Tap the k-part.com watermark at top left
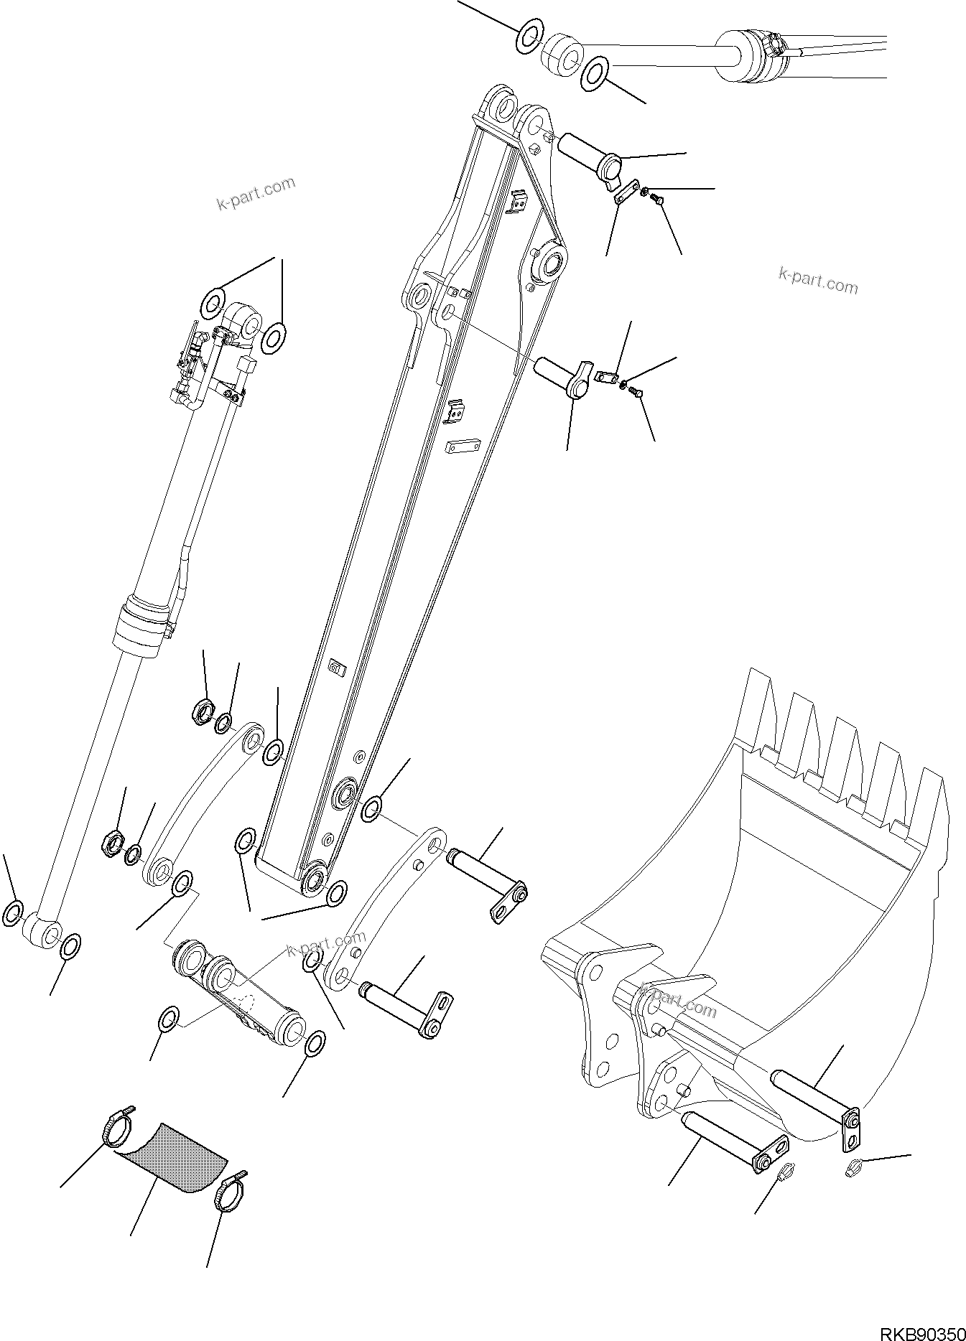tap(256, 192)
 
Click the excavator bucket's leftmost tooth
tap(759, 711)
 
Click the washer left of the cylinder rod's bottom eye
tap(13, 914)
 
